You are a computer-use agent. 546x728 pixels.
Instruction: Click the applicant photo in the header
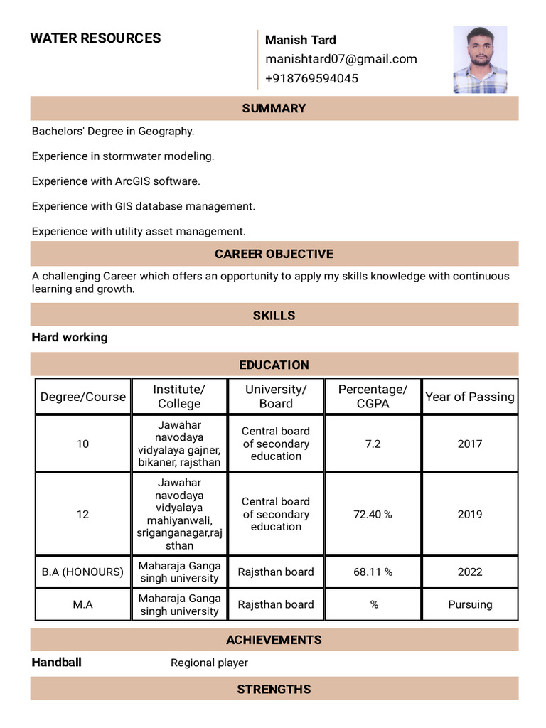pyautogui.click(x=480, y=60)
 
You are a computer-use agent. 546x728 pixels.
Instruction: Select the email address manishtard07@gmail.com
pyautogui.click(x=341, y=59)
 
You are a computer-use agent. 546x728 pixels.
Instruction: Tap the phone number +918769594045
pyautogui.click(x=311, y=78)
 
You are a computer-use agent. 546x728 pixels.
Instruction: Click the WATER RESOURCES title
pyautogui.click(x=95, y=38)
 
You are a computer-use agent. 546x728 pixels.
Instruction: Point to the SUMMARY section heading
pyautogui.click(x=274, y=108)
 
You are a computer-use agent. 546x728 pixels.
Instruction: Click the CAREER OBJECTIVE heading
pyautogui.click(x=274, y=254)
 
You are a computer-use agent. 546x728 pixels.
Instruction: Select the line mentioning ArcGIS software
pyautogui.click(x=116, y=181)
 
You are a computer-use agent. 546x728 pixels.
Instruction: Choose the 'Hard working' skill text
pyautogui.click(x=70, y=338)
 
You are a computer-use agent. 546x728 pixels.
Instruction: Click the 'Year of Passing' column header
pyautogui.click(x=469, y=397)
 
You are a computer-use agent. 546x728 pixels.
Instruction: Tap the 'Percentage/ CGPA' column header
pyautogui.click(x=373, y=397)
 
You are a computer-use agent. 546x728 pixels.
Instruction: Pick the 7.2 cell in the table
pyautogui.click(x=373, y=444)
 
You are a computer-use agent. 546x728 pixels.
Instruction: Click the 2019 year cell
pyautogui.click(x=469, y=514)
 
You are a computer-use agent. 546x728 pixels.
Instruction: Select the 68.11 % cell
pyautogui.click(x=373, y=572)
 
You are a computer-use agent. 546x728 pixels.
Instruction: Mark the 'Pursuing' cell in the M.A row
pyautogui.click(x=469, y=604)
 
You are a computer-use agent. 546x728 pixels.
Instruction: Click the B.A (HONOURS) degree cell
pyautogui.click(x=83, y=572)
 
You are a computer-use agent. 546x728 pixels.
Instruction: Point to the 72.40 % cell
pyautogui.click(x=373, y=514)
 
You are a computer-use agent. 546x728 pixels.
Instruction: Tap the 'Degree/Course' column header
pyautogui.click(x=83, y=397)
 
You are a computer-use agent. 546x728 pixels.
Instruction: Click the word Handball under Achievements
pyautogui.click(x=57, y=663)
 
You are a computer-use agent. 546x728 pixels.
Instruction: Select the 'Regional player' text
pyautogui.click(x=209, y=663)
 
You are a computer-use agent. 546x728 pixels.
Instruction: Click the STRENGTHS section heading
pyautogui.click(x=274, y=689)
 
